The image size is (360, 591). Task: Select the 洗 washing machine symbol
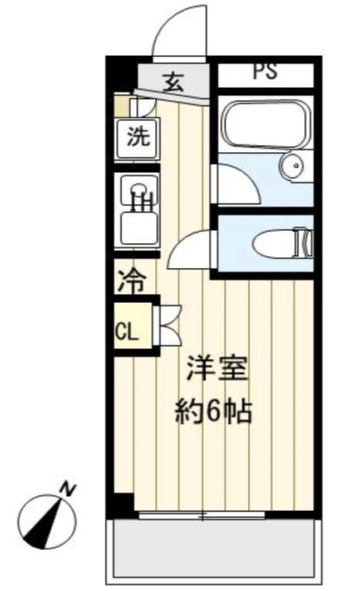click(x=138, y=138)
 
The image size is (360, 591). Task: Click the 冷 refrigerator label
click(x=132, y=281)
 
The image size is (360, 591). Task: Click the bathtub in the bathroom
click(x=266, y=123)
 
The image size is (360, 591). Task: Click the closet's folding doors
click(x=168, y=324)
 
